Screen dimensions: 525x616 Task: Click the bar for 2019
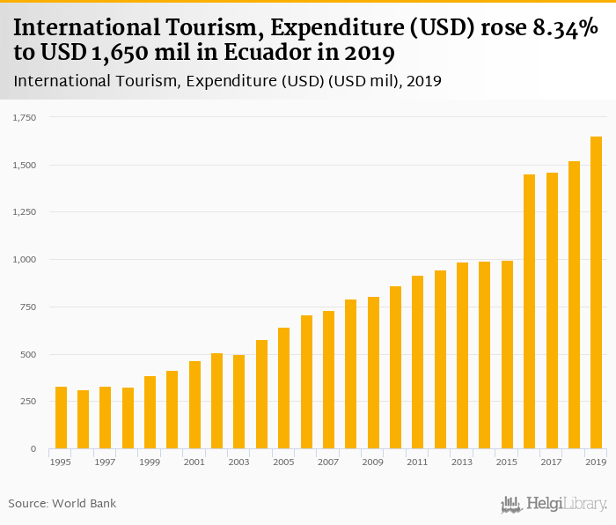tap(596, 292)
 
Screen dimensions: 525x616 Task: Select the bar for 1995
tap(61, 418)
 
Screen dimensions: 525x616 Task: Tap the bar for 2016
tap(529, 312)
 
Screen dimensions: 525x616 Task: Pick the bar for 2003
tap(239, 402)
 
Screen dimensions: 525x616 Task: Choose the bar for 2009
tap(373, 373)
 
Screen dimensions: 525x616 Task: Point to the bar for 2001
tap(194, 405)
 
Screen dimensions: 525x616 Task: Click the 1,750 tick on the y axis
tap(24, 117)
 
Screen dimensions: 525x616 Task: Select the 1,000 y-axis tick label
tap(24, 260)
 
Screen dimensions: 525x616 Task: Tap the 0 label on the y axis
tap(33, 449)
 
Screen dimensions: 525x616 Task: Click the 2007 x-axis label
tap(328, 462)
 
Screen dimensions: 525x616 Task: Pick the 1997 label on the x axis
tap(106, 462)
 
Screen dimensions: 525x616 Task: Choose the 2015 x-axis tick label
tap(507, 462)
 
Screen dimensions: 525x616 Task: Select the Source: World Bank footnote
tap(62, 503)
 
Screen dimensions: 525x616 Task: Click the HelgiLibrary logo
tap(554, 504)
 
